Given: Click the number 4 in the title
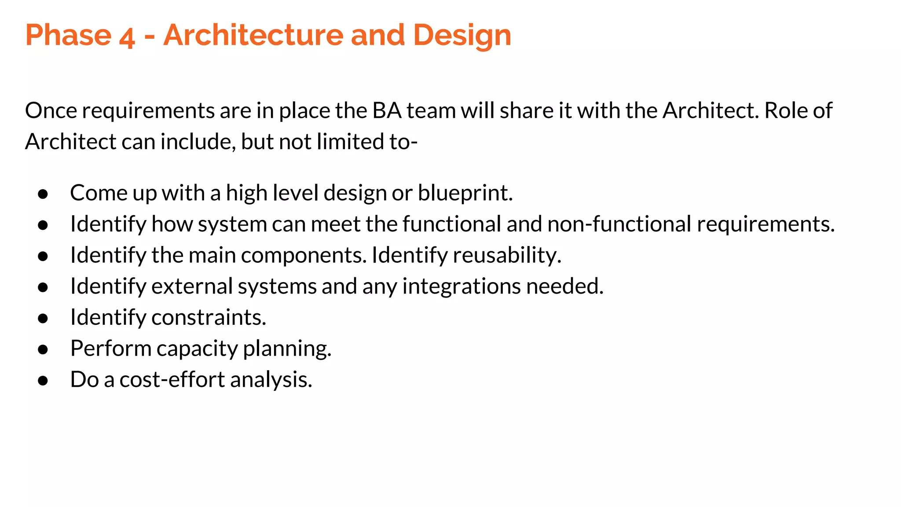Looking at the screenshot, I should point(126,37).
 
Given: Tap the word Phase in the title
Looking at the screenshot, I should point(69,35).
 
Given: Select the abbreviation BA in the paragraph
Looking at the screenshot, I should point(387,110).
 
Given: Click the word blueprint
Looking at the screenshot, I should point(465,193).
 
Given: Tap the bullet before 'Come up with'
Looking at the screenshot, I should point(43,194).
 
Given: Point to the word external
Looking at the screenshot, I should point(192,287).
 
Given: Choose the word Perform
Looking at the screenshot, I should point(111,349).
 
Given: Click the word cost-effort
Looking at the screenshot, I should point(172,380).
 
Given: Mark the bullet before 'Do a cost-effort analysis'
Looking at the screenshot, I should point(43,381).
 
